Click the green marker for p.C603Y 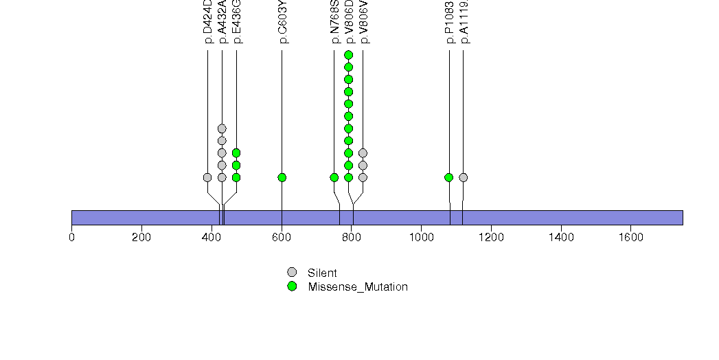(x=282, y=177)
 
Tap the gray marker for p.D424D (x=207, y=177)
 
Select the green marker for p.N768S (x=334, y=177)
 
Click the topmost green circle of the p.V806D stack (x=348, y=55)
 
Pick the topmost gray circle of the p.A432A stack (x=222, y=128)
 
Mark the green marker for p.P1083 (x=449, y=177)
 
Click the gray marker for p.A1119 (x=464, y=177)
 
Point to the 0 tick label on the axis (x=72, y=238)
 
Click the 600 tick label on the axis (x=282, y=238)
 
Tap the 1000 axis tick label (x=421, y=238)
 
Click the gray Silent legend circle (x=292, y=273)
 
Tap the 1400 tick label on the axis (x=561, y=238)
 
